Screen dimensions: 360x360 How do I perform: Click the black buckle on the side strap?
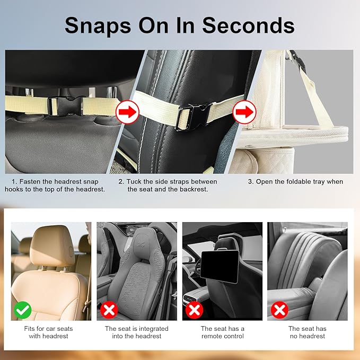click(194, 113)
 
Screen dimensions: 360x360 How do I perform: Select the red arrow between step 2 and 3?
click(244, 112)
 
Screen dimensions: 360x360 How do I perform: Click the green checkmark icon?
click(22, 310)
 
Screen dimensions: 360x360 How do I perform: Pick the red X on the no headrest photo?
click(279, 310)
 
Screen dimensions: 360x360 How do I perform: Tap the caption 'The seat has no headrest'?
click(307, 332)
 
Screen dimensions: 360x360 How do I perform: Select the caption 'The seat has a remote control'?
click(222, 332)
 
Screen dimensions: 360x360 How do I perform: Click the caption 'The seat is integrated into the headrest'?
click(136, 332)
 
